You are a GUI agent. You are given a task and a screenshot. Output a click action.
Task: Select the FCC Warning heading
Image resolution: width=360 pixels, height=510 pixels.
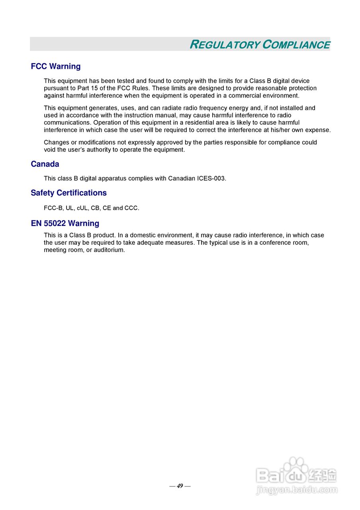(56, 67)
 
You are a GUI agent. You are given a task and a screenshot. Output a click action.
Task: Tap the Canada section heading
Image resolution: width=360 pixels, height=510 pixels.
(45, 164)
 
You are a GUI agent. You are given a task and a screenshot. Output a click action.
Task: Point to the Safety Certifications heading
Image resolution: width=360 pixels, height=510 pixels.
(68, 193)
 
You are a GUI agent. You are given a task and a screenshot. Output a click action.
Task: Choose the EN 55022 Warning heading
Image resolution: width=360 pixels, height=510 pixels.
(65, 224)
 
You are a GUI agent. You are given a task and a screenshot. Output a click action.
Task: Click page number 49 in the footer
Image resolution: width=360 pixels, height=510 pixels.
(180, 486)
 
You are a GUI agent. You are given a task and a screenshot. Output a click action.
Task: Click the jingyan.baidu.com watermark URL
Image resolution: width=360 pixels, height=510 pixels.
(297, 490)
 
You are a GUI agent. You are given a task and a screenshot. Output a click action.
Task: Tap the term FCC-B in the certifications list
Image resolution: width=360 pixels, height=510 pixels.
(53, 208)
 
